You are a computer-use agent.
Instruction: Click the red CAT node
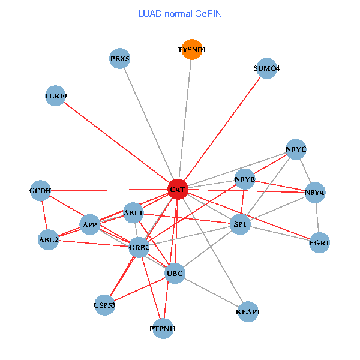pos(178,189)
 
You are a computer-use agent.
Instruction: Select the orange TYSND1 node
pos(192,50)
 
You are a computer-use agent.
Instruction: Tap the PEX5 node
pos(120,58)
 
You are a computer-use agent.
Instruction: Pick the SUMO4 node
pos(266,68)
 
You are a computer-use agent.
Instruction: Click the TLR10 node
pos(55,96)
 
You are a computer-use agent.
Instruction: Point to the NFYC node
pos(296,149)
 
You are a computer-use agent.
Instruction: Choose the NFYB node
pos(245,179)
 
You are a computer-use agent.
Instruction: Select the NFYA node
pos(315,193)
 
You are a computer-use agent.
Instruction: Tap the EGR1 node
pos(320,243)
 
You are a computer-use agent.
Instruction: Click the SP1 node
pos(241,224)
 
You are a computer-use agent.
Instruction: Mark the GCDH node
pos(40,191)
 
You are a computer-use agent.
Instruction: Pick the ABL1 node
pos(133,213)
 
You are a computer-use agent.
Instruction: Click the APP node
pos(90,225)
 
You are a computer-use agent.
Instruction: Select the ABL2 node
pos(49,240)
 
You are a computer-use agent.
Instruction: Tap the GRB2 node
pos(139,247)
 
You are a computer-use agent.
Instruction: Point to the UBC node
pos(175,274)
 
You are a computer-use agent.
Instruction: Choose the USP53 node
pos(104,305)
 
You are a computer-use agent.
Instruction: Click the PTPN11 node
pos(163,329)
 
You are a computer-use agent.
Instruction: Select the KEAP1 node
pos(248,311)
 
